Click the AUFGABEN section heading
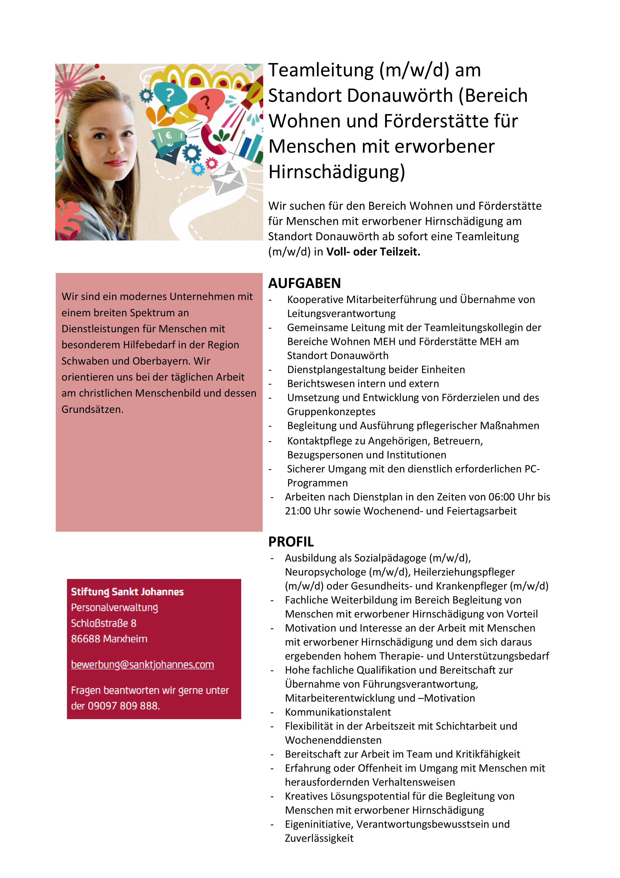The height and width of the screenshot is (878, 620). [304, 283]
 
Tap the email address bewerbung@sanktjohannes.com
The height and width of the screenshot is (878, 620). [142, 665]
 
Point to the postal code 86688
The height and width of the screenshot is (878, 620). [85, 639]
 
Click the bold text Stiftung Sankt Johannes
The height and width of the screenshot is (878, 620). [127, 592]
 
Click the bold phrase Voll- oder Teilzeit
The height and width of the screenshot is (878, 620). [373, 252]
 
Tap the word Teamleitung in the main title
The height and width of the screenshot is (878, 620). [321, 70]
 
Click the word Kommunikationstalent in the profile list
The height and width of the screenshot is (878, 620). [338, 712]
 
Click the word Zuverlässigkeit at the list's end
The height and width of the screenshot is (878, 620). [319, 838]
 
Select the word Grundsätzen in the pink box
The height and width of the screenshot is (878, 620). [92, 410]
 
